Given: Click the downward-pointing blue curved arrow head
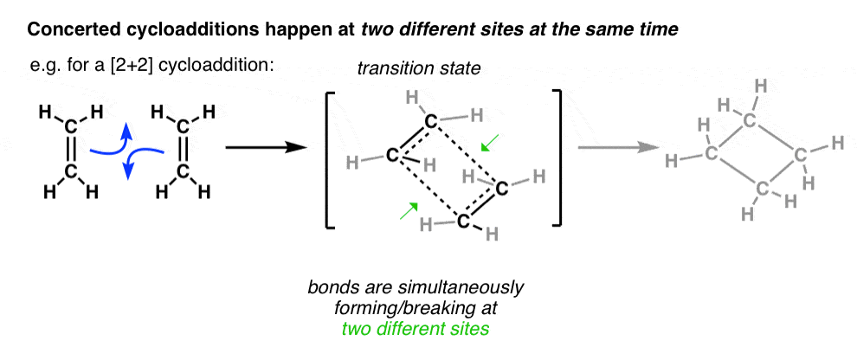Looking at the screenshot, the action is (x=128, y=171).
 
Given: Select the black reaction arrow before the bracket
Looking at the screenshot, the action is (x=265, y=147).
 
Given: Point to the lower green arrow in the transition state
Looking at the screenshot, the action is (x=409, y=210).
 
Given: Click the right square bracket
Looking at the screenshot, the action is (x=557, y=158).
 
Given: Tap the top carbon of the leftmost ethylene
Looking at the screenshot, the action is (x=70, y=126).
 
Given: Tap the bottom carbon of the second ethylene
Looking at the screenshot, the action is (x=182, y=173).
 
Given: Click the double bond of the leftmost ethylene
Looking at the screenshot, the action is (x=70, y=150).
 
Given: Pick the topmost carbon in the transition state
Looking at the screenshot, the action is (x=431, y=121).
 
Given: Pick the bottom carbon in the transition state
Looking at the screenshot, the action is (x=463, y=222).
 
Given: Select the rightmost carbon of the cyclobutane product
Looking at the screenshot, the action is (x=799, y=155).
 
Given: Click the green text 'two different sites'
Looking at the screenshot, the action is (x=416, y=330).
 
